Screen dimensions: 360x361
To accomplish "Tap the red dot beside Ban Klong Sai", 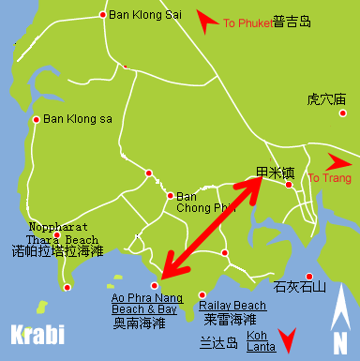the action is [103, 14].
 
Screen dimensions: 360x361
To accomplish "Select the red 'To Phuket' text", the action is [247, 23].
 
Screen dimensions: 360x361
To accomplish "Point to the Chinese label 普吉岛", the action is [292, 23].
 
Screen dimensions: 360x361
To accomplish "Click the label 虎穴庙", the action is [326, 98].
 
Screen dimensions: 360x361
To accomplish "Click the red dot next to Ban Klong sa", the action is [37, 119].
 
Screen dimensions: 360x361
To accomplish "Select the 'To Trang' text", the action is [327, 178].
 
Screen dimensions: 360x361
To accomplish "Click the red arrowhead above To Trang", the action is [338, 158].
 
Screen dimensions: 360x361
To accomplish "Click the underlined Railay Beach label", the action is [232, 306].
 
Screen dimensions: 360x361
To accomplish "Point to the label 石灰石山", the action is [298, 286].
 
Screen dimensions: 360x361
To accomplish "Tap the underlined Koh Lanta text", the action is [262, 341].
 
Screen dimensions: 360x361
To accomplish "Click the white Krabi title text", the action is [37, 334].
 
